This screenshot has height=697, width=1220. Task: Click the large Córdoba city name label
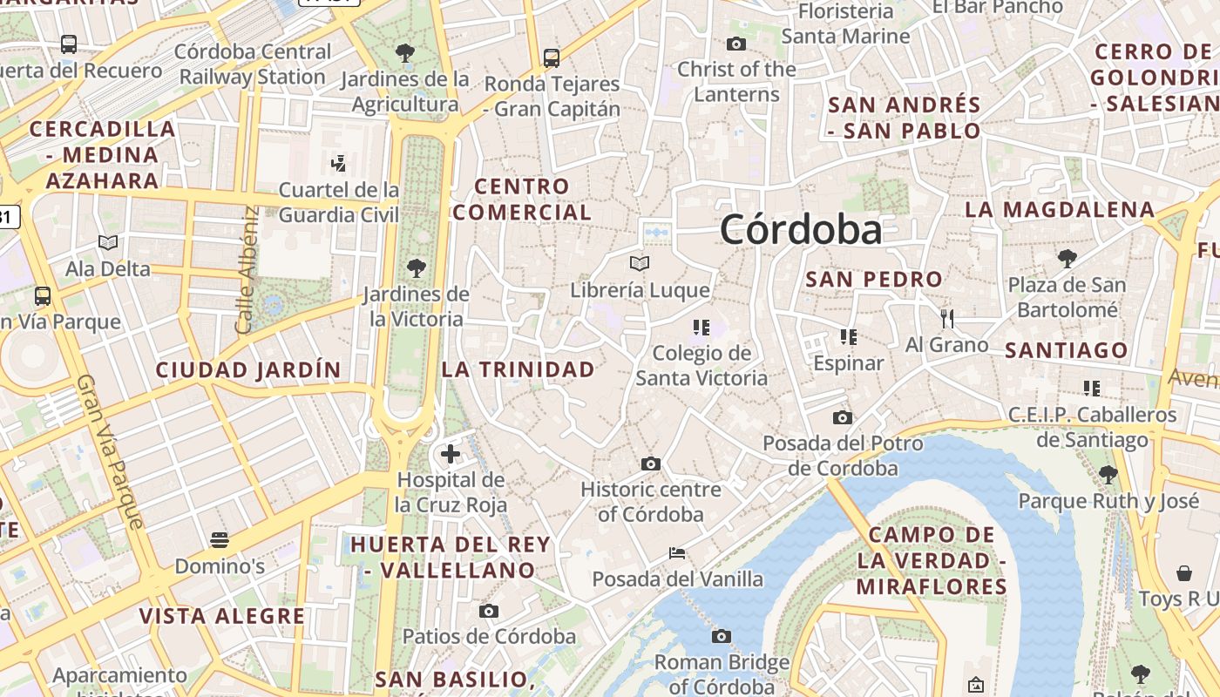801,230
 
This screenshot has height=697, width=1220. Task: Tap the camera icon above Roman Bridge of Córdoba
722,637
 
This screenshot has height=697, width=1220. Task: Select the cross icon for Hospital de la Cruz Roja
451,454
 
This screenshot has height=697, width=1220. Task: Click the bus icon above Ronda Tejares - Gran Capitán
552,58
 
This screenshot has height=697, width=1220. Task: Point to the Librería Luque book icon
640,263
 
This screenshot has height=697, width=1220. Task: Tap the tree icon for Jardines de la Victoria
417,267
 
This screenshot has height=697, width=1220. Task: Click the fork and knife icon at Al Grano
947,319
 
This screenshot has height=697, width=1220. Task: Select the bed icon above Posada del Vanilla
677,553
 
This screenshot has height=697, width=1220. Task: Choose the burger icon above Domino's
220,540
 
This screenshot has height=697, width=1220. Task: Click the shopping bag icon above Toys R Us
1184,573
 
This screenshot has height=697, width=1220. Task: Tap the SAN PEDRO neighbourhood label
874,280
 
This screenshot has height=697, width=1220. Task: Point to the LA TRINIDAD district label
518,369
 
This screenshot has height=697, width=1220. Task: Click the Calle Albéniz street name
247,269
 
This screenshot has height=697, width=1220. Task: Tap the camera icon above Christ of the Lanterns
736,44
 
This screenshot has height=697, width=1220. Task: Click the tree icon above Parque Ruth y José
1108,475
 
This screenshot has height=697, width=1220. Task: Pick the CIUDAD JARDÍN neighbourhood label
248,370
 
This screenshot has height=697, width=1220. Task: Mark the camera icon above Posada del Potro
842,418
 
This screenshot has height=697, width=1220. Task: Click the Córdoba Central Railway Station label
253,64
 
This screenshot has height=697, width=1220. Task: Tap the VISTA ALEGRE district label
222,617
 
